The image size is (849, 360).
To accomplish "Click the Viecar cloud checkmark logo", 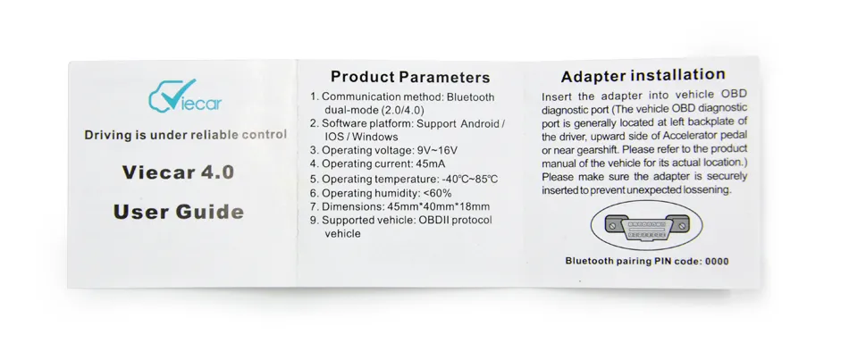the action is click(185, 96).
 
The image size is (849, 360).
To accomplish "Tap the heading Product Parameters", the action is click(410, 77).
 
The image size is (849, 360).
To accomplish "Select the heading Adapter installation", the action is click(643, 75).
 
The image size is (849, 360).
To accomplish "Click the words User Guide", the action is click(179, 212).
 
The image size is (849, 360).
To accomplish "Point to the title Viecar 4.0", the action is click(178, 172).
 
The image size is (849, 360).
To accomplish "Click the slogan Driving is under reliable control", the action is click(185, 135).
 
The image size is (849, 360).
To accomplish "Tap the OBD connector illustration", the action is click(646, 224).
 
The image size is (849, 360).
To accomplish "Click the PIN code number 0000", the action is click(717, 262).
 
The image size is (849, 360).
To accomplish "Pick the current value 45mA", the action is click(428, 164).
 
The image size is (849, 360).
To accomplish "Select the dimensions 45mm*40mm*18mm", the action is click(439, 206).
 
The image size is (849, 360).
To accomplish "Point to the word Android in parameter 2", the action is click(480, 124).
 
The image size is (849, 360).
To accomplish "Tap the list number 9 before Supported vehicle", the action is click(313, 221).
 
